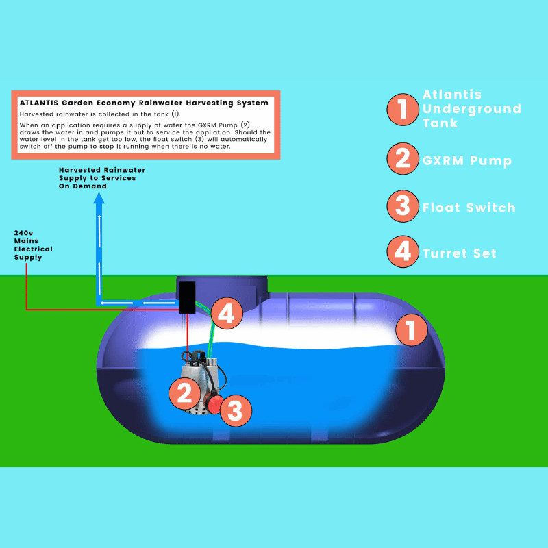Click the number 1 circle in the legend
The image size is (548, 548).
[403, 110]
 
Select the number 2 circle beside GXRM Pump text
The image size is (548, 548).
[403, 160]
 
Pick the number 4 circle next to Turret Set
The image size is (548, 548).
[403, 251]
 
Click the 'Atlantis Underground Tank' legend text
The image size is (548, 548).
[471, 109]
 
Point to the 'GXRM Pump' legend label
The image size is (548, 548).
[468, 161]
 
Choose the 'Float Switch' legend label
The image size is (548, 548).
[469, 208]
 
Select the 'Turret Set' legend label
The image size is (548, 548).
[459, 253]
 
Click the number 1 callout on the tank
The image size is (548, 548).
[411, 331]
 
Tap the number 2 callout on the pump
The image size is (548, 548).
[184, 393]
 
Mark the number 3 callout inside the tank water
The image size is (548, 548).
[235, 411]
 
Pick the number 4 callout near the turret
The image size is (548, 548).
[227, 314]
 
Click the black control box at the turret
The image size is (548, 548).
[188, 297]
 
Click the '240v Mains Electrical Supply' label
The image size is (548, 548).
[33, 245]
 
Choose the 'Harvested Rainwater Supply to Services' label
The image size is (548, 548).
[101, 177]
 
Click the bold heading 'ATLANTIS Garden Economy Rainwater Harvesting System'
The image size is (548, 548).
[144, 103]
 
